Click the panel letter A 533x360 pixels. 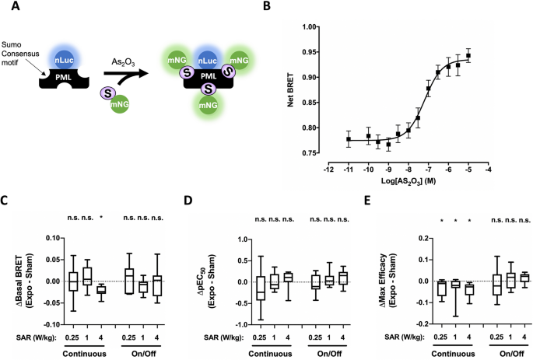16,6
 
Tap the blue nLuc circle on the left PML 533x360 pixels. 65,60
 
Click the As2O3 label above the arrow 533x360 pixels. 123,63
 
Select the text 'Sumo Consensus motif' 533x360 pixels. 20,54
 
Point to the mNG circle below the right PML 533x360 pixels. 208,105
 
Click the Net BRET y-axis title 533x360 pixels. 290,89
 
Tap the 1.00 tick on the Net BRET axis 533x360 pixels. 309,27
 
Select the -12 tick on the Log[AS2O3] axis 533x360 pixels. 328,170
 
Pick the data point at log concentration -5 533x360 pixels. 468,55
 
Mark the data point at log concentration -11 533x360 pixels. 349,139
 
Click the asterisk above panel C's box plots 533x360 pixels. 101,218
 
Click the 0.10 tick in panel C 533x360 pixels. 53,238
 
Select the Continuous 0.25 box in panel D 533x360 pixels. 261,288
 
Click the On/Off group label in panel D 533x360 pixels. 329,354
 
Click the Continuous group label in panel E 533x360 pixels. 453,354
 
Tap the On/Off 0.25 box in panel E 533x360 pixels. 497,285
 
